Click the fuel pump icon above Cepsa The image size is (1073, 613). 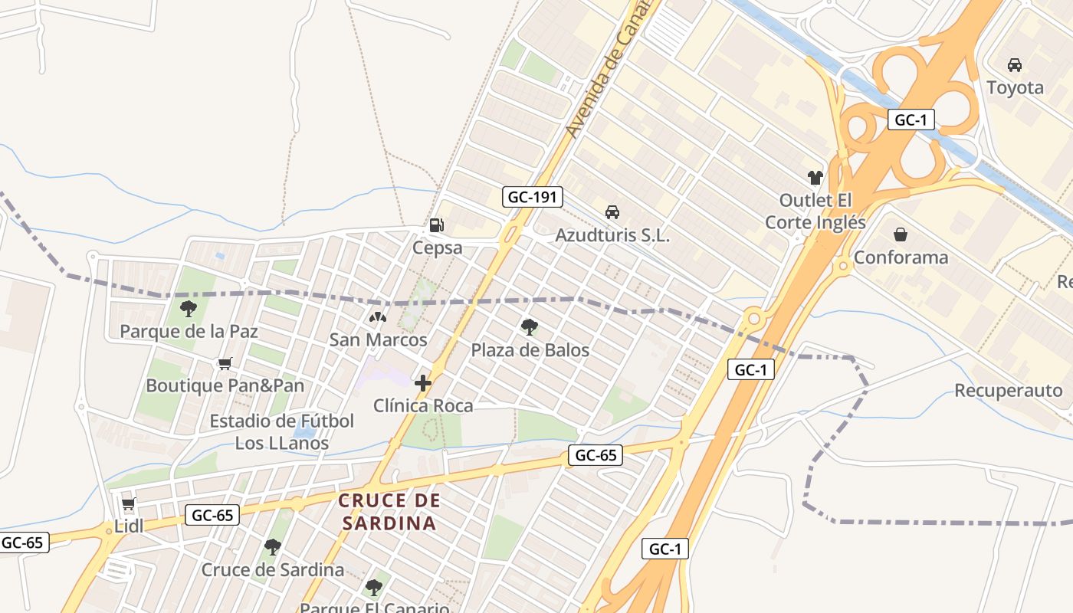(436, 225)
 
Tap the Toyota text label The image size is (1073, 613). (1015, 87)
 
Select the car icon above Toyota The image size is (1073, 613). (1015, 65)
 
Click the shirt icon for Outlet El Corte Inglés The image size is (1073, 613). (815, 178)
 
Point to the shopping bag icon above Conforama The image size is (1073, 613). (901, 234)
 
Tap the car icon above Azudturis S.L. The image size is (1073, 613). (612, 212)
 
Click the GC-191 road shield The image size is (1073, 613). (533, 197)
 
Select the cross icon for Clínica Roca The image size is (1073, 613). (422, 382)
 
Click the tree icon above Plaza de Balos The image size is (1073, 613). (529, 327)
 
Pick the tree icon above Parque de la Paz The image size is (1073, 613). (189, 309)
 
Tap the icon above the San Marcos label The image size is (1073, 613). (378, 316)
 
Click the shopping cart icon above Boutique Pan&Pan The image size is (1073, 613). (225, 363)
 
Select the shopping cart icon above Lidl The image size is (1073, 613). (129, 504)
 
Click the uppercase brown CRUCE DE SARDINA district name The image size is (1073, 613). (389, 512)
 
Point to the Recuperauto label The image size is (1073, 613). (1008, 391)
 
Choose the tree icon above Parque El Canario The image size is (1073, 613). (373, 588)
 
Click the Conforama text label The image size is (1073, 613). (901, 257)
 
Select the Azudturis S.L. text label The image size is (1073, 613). (612, 235)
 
